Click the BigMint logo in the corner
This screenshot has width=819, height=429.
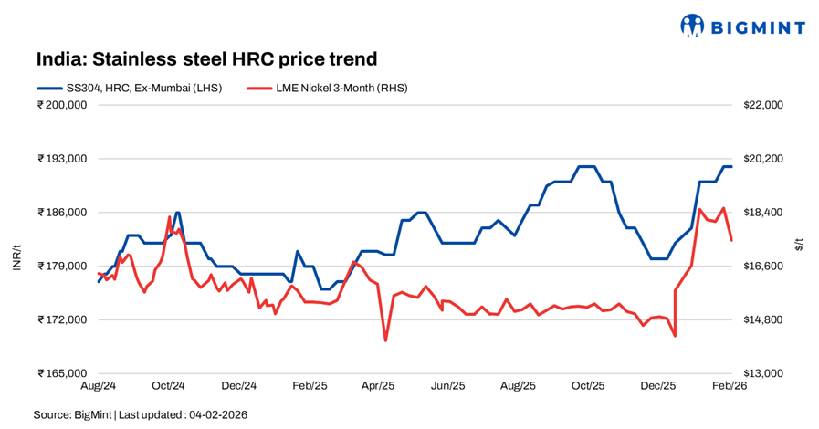point(742,26)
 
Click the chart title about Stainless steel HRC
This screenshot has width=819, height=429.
point(206,59)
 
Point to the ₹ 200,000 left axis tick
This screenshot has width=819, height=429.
point(62,105)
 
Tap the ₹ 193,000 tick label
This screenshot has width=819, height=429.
point(62,159)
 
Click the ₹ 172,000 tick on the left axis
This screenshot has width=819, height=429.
point(62,319)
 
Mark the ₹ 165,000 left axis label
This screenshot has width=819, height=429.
point(62,373)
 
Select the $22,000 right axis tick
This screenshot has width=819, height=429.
point(764,105)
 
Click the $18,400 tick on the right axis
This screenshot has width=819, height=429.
point(764,213)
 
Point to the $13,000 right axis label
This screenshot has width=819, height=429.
point(764,373)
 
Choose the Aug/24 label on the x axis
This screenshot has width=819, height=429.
point(98,386)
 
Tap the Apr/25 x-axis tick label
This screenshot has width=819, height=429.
point(377,386)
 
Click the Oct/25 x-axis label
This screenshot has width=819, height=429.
point(588,386)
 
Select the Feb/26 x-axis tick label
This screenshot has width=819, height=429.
point(729,386)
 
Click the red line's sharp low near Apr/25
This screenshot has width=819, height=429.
point(385,340)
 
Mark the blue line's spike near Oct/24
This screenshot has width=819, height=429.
point(177,212)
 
